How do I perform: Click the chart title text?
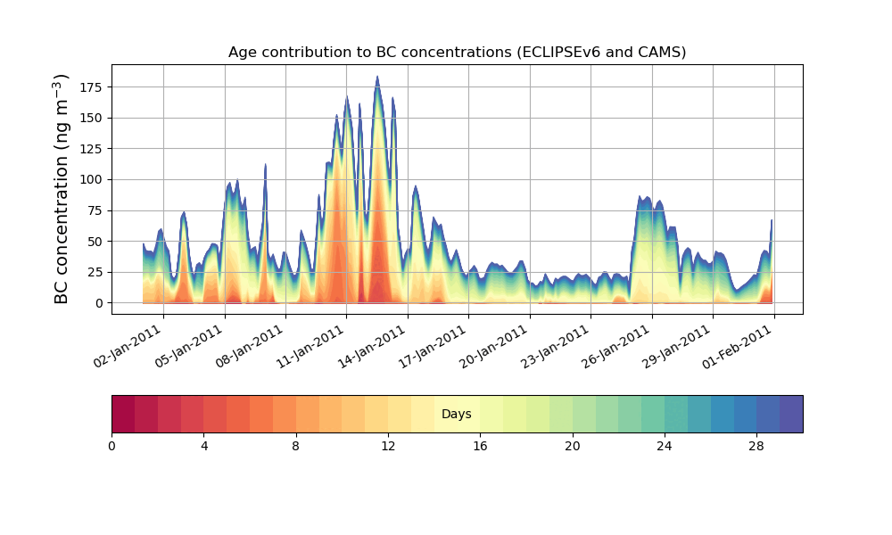pos(457,52)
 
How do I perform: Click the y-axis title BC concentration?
pos(62,188)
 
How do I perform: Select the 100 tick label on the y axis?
pos(92,179)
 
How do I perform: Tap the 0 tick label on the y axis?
pos(100,303)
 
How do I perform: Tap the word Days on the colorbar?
pos(457,414)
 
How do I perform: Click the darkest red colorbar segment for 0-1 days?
pos(123,414)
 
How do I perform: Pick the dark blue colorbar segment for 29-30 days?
pos(791,414)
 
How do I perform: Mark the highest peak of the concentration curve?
pos(377,78)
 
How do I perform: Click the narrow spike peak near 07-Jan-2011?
pos(265,165)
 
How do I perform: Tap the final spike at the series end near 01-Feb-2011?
pos(772,220)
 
